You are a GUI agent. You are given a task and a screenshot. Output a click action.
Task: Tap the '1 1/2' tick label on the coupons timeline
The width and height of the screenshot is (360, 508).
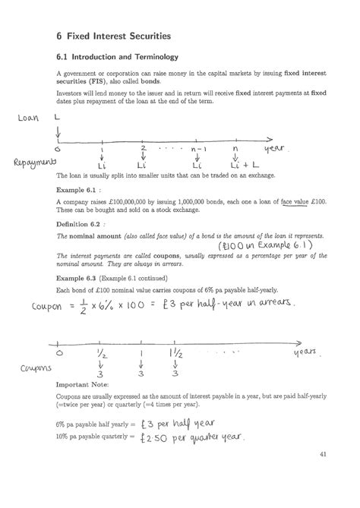175,354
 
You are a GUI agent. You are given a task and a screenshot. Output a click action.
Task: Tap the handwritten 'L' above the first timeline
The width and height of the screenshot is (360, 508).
58,118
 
